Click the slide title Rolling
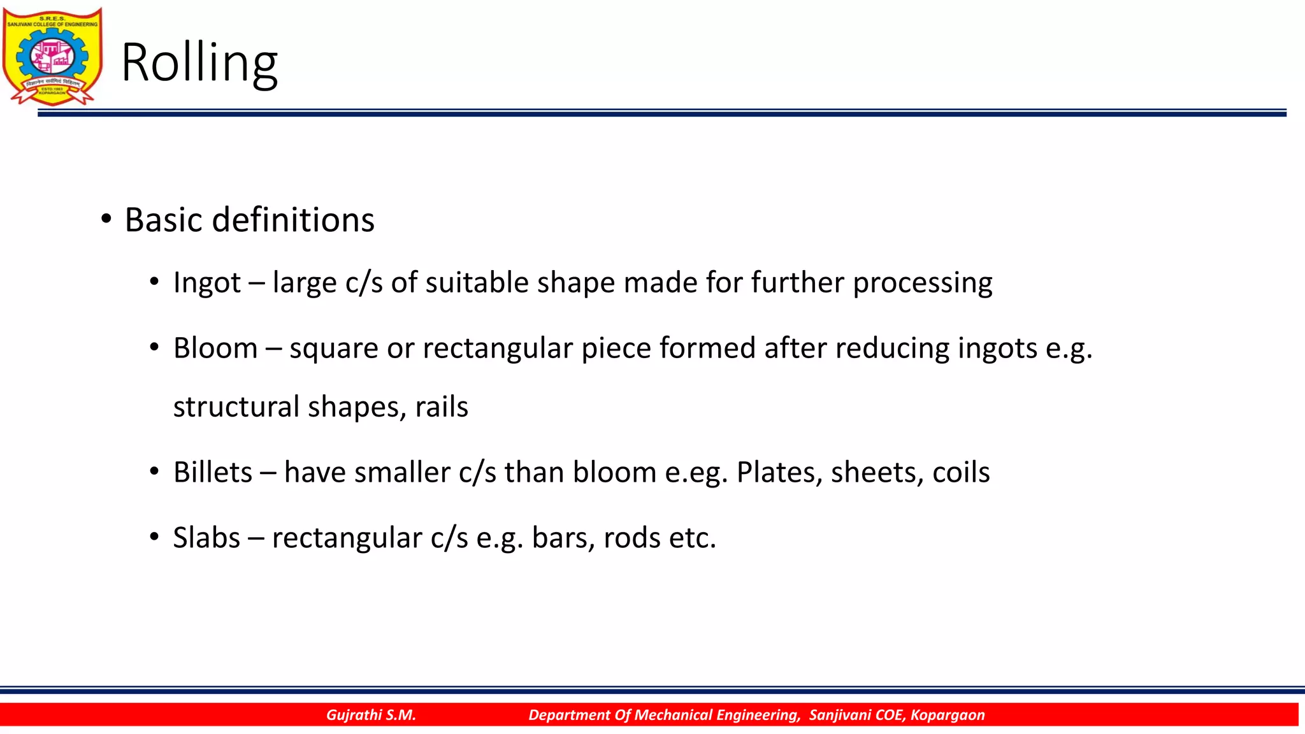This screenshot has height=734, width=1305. (x=199, y=62)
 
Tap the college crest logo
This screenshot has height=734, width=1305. (x=52, y=56)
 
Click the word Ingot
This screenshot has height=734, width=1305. (x=207, y=282)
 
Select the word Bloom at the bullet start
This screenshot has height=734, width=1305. (x=215, y=348)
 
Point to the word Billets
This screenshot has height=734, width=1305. (x=213, y=472)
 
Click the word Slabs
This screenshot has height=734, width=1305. (x=206, y=538)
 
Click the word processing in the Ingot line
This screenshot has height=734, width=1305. (x=922, y=282)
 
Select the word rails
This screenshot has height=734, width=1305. (x=442, y=407)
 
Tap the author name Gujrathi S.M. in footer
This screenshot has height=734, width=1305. (x=371, y=715)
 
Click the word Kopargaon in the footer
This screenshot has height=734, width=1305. (x=948, y=715)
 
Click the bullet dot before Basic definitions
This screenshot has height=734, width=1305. (x=106, y=219)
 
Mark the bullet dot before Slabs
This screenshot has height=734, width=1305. (x=154, y=537)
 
